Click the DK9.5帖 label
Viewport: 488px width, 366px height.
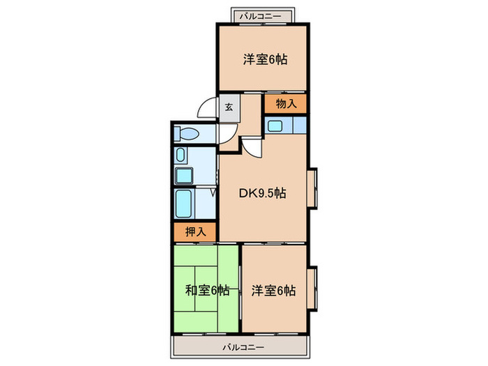[x=263, y=194]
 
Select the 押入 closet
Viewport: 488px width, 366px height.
[x=195, y=231]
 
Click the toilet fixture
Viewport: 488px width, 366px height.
[x=187, y=133]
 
